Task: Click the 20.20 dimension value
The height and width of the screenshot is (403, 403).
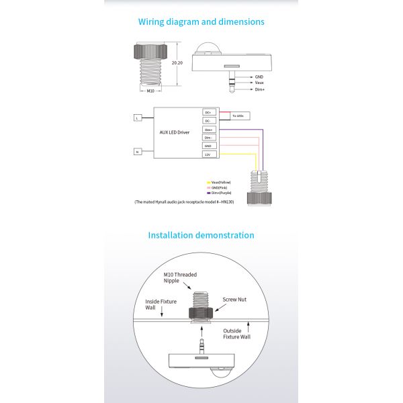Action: [177, 62]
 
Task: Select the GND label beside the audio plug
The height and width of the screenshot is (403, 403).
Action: [259, 77]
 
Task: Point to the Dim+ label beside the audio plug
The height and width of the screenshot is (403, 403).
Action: [259, 89]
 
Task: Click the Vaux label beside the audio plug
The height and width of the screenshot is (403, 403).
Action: [259, 83]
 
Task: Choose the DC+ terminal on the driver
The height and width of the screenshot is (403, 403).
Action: [208, 112]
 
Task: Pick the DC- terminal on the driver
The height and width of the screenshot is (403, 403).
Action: [208, 121]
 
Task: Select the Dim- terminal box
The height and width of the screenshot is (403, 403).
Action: [208, 137]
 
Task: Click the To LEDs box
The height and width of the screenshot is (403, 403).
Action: [239, 116]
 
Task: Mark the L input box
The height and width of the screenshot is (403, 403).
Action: [137, 118]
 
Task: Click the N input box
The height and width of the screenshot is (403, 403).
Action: [137, 151]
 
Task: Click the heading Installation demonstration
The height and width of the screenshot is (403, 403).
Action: [201, 235]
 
